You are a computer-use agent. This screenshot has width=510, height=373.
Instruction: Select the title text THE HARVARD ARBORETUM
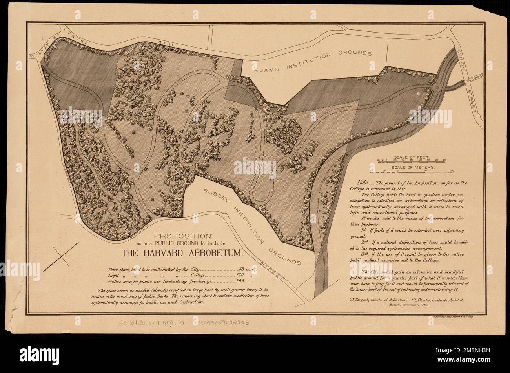coord(182,253)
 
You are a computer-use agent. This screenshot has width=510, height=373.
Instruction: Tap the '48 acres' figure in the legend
coord(248,269)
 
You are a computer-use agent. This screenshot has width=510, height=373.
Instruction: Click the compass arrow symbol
coord(61,257)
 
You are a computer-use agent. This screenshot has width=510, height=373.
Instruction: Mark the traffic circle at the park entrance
coord(435,87)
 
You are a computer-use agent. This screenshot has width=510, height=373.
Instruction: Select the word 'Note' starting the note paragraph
coord(363,183)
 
